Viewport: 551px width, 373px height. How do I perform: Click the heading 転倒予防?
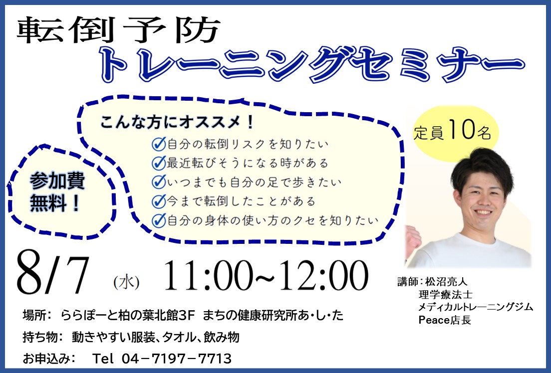118,30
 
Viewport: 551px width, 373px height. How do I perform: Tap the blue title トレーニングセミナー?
312,65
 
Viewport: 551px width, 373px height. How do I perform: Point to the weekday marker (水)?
126,282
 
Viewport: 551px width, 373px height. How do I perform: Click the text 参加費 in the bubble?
57,181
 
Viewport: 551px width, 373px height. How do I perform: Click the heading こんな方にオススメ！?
177,122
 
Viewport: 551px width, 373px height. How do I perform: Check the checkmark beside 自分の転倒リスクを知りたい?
159,144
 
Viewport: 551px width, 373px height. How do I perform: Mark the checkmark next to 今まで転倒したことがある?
159,201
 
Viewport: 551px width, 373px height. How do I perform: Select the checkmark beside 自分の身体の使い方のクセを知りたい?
159,220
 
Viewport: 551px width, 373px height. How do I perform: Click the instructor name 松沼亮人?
446,282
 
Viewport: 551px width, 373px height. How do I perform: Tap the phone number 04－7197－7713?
176,359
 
